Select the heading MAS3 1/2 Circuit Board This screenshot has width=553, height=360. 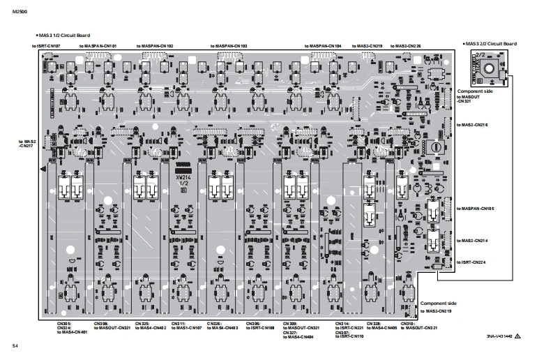63,35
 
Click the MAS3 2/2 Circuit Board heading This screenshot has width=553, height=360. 490,43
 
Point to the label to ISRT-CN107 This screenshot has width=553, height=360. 47,45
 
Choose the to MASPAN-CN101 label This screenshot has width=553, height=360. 98,45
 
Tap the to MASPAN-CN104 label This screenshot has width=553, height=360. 323,45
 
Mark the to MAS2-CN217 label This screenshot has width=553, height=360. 27,143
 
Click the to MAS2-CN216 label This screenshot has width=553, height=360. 472,124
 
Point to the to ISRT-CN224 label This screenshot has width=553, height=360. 472,262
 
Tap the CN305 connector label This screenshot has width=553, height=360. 64,324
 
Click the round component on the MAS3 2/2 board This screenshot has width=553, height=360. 491,70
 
